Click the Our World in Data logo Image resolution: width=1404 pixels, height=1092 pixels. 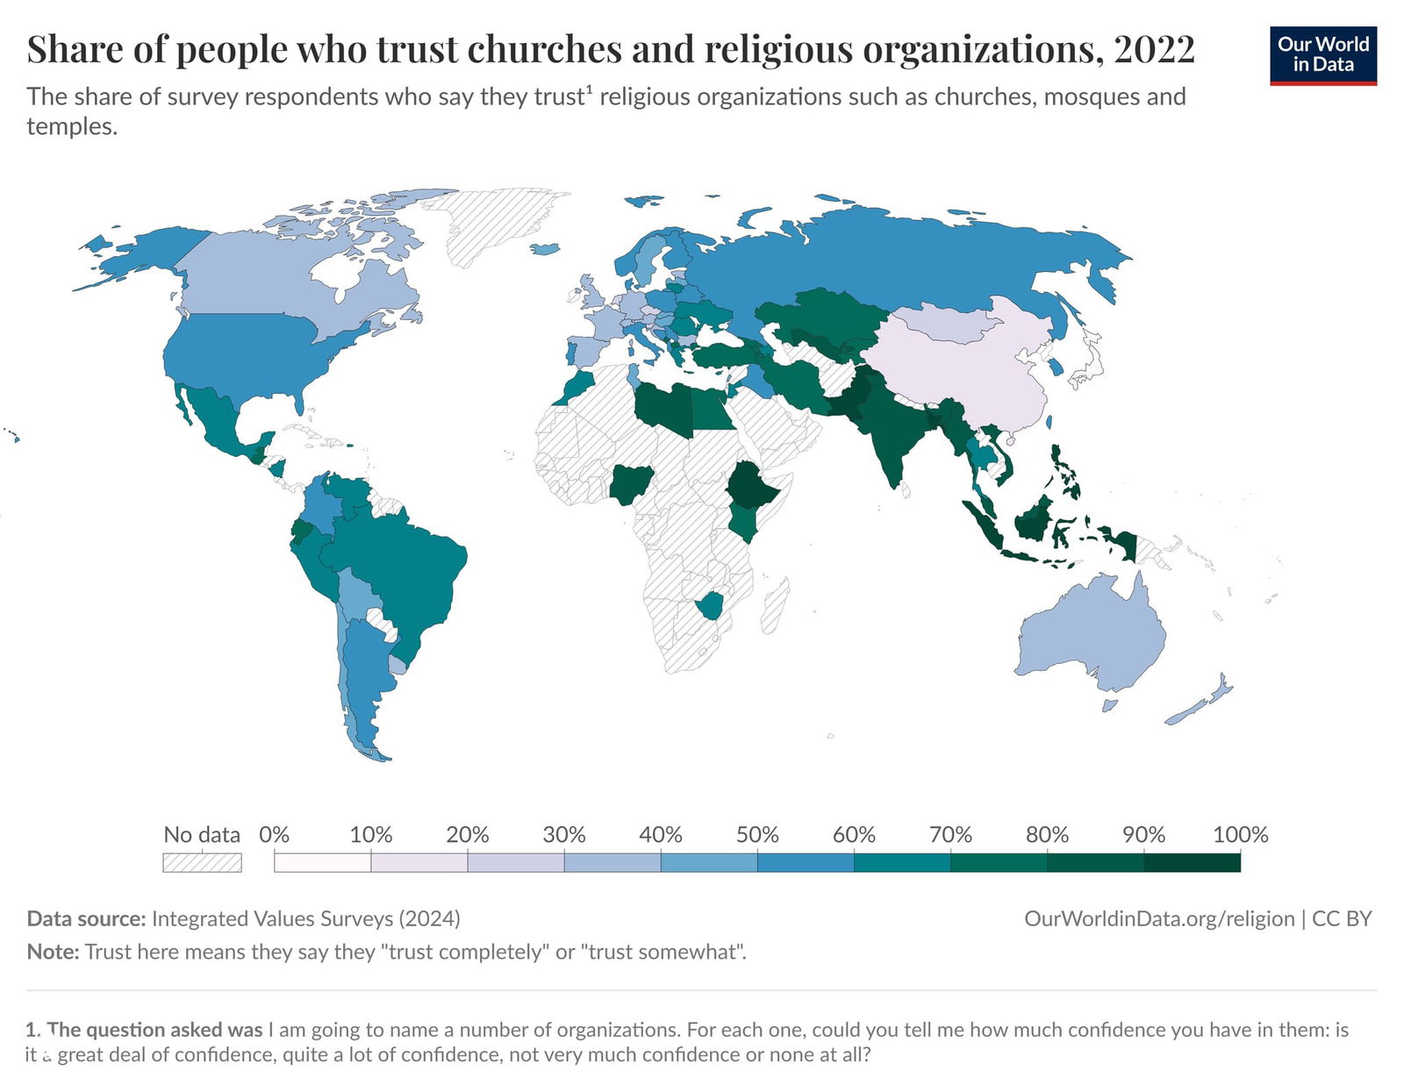1322,55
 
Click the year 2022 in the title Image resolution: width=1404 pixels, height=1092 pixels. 1154,50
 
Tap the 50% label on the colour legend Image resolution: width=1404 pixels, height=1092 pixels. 757,834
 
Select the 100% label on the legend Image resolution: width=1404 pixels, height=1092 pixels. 1240,834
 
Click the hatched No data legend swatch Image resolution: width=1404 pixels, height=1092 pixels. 202,863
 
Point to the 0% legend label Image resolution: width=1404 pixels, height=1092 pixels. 275,834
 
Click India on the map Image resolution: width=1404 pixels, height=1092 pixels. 886,430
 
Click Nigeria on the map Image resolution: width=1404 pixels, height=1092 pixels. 627,485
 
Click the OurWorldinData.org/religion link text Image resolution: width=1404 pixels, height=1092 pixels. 1159,918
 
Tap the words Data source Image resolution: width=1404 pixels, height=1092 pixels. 86,918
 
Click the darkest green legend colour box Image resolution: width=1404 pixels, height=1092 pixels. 1192,863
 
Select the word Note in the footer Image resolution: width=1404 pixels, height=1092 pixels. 53,952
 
